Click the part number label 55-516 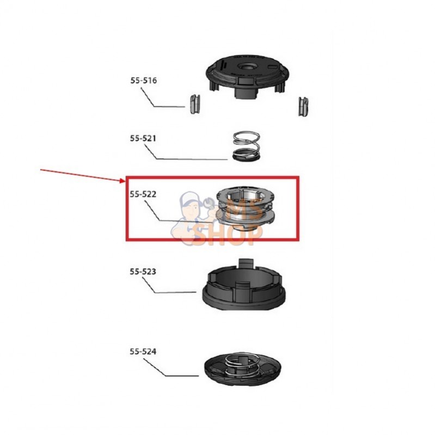[143, 81]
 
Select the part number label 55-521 [143, 138]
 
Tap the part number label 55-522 [143, 194]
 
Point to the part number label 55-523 [143, 271]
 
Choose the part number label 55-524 [143, 352]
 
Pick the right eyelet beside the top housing [303, 106]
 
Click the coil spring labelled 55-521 [246, 146]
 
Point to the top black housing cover [248, 75]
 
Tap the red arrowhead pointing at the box [122, 181]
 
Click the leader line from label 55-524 [171, 369]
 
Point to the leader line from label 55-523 [169, 287]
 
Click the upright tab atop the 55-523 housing [246, 262]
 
